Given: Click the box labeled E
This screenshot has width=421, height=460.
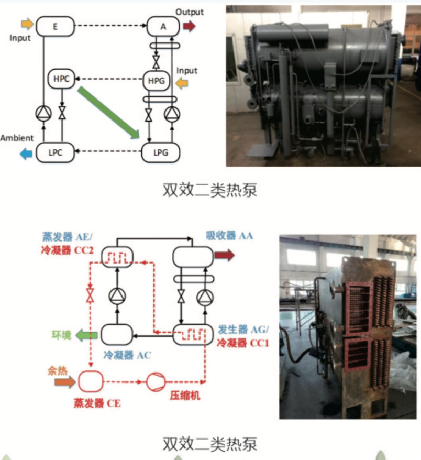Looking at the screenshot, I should pos(55,25).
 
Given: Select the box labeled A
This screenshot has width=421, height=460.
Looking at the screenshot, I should pos(163,25).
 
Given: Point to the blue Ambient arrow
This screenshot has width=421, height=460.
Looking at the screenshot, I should pos(24,153).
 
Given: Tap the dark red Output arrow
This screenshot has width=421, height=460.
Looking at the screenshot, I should pos(189,25).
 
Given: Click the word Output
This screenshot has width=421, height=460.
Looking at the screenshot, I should pos(190,12).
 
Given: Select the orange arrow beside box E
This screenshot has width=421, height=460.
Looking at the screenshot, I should pos(27,24).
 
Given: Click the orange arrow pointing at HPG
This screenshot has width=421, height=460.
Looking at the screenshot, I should pos(182,82).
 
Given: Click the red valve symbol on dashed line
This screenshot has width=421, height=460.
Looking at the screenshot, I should pos(91,294).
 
